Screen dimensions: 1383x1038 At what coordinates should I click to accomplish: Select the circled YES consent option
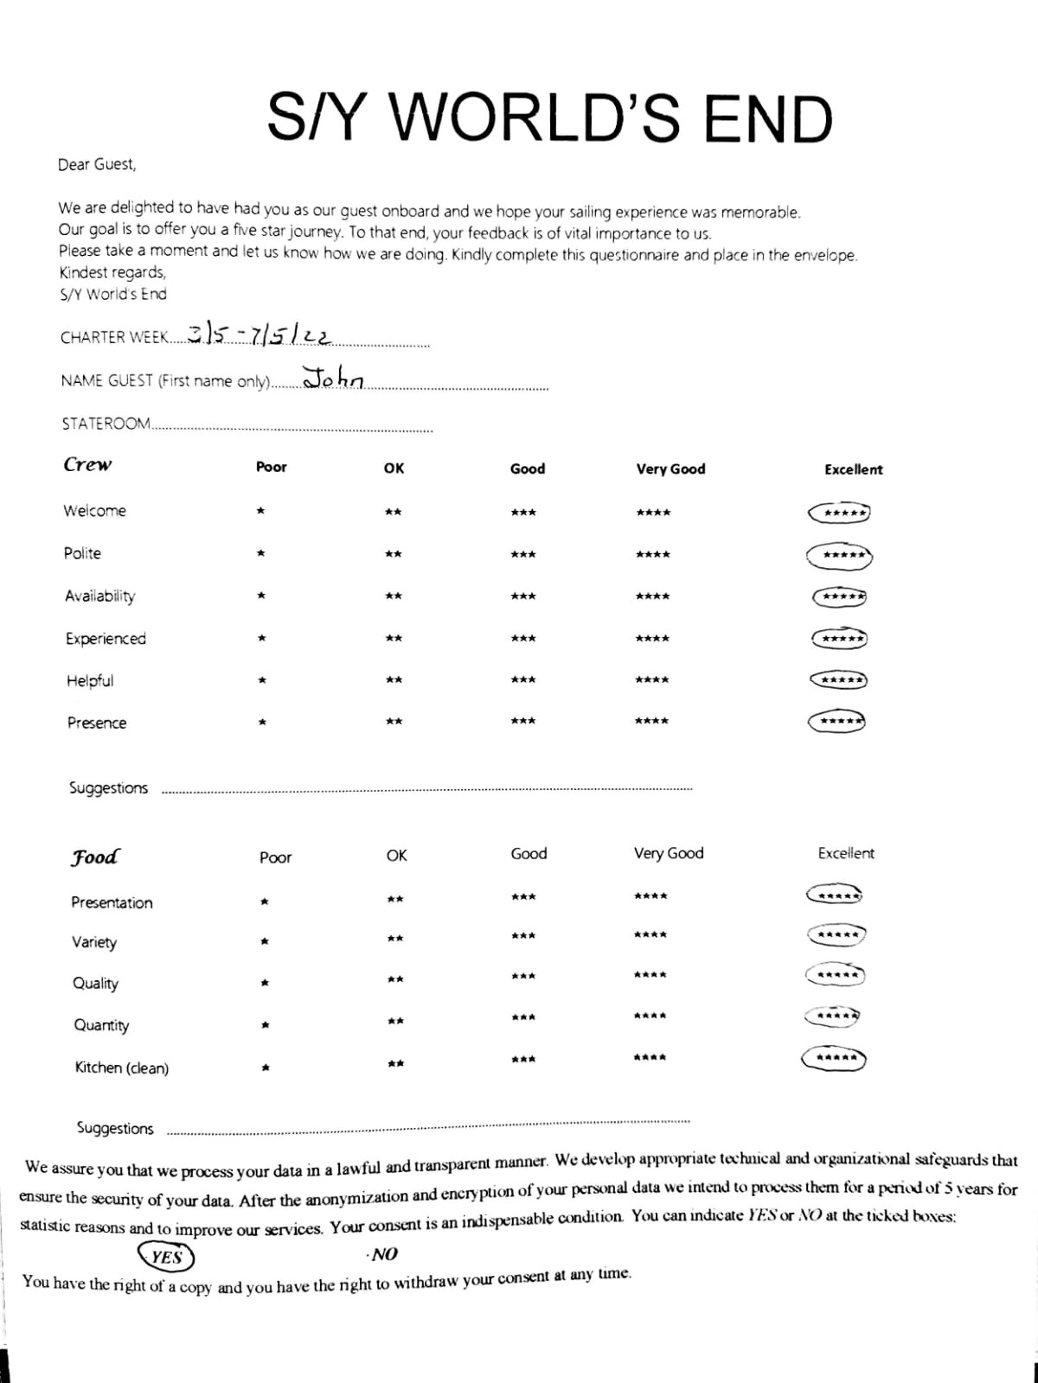coord(165,1257)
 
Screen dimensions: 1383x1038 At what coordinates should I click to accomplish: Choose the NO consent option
coord(382,1254)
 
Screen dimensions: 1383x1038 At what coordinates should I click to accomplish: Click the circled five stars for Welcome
coord(839,513)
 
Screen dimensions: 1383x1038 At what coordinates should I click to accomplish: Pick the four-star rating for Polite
coord(652,554)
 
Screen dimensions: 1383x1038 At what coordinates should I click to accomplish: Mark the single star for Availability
coord(259,596)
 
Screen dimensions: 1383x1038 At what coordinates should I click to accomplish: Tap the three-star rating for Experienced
coord(523,639)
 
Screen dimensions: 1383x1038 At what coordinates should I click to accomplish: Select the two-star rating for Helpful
coord(394,680)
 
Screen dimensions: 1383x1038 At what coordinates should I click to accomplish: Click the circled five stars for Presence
coord(837,721)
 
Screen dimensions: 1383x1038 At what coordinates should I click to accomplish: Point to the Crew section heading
coord(87,464)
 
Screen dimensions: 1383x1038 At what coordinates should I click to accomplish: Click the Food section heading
coord(95,857)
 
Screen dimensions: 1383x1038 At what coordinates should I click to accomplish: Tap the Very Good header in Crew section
coord(670,469)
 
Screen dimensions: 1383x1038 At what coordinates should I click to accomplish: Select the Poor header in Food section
coord(275,857)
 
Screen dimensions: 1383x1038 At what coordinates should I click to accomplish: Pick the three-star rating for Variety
coord(523,936)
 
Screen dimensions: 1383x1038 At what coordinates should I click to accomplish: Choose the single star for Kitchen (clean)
coord(266,1068)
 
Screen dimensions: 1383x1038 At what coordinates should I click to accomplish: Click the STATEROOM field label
coord(106,424)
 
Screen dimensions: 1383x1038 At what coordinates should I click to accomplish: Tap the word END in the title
coord(767,119)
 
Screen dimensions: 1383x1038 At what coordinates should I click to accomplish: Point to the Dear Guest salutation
coord(97,164)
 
